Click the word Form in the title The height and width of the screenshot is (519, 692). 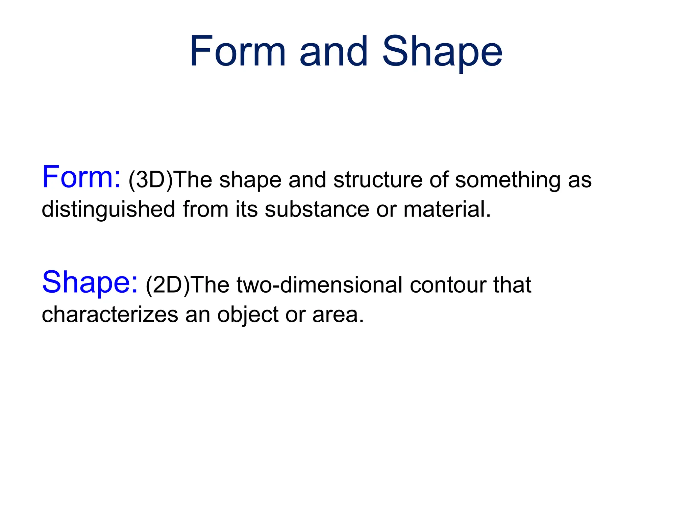pyautogui.click(x=238, y=52)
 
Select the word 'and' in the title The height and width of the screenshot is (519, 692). pyautogui.click(x=333, y=52)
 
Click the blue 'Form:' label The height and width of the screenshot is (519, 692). pyautogui.click(x=81, y=177)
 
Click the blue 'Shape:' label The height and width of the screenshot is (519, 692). pyautogui.click(x=90, y=282)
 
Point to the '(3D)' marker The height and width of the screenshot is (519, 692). pyautogui.click(x=151, y=180)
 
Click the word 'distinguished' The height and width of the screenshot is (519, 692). pyautogui.click(x=108, y=209)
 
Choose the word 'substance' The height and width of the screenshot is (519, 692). pyautogui.click(x=317, y=209)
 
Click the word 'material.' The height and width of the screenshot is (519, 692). pyautogui.click(x=447, y=209)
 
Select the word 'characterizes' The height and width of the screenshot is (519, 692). pyautogui.click(x=109, y=315)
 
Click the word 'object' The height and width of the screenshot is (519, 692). pyautogui.click(x=247, y=315)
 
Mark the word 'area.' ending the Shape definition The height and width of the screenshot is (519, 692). pyautogui.click(x=338, y=315)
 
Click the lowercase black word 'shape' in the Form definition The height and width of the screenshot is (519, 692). pyautogui.click(x=250, y=180)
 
